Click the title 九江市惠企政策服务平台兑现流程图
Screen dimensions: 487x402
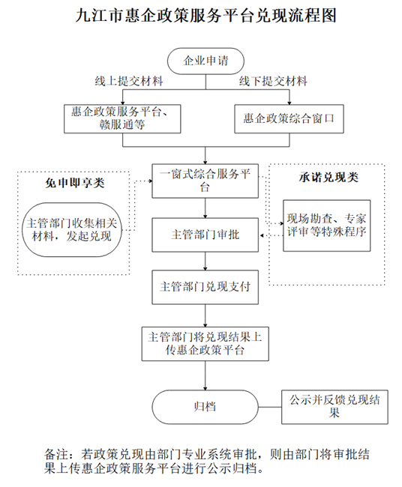click(201, 16)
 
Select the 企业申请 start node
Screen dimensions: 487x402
click(201, 59)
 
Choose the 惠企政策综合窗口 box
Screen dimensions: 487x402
click(288, 118)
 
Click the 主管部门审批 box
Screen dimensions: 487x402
click(205, 235)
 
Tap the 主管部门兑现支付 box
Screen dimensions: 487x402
click(205, 287)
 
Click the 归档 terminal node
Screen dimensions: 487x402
click(200, 406)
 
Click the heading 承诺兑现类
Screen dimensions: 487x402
click(328, 178)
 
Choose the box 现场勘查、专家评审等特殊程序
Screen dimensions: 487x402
click(326, 225)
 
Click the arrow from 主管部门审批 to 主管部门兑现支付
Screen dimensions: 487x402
click(205, 261)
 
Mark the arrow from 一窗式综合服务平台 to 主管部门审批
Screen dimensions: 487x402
click(205, 208)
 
